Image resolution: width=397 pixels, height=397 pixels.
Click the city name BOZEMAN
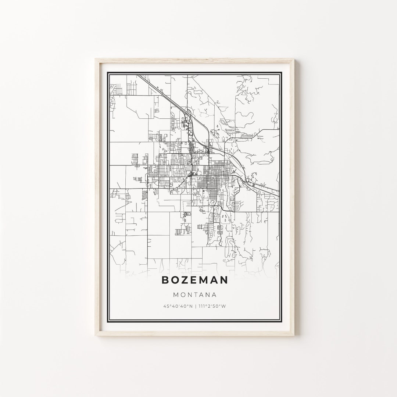point(194,280)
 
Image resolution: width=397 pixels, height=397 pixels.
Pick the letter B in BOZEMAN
point(165,280)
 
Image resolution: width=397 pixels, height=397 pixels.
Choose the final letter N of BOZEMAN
point(223,280)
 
